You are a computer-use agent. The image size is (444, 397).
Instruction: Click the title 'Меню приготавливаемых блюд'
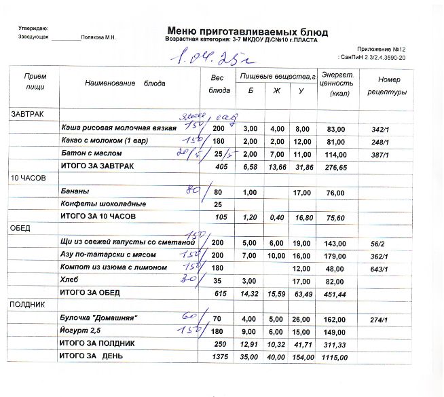(246, 31)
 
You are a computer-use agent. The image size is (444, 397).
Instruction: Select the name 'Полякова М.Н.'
(98, 37)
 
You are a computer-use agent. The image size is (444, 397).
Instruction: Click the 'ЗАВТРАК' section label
(26, 114)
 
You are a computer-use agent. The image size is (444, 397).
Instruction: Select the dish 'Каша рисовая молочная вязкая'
(119, 128)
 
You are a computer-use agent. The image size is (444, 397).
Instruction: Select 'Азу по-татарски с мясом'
(109, 255)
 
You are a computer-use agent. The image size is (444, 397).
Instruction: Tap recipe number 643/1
(380, 269)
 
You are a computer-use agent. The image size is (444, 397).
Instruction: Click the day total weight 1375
(220, 356)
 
